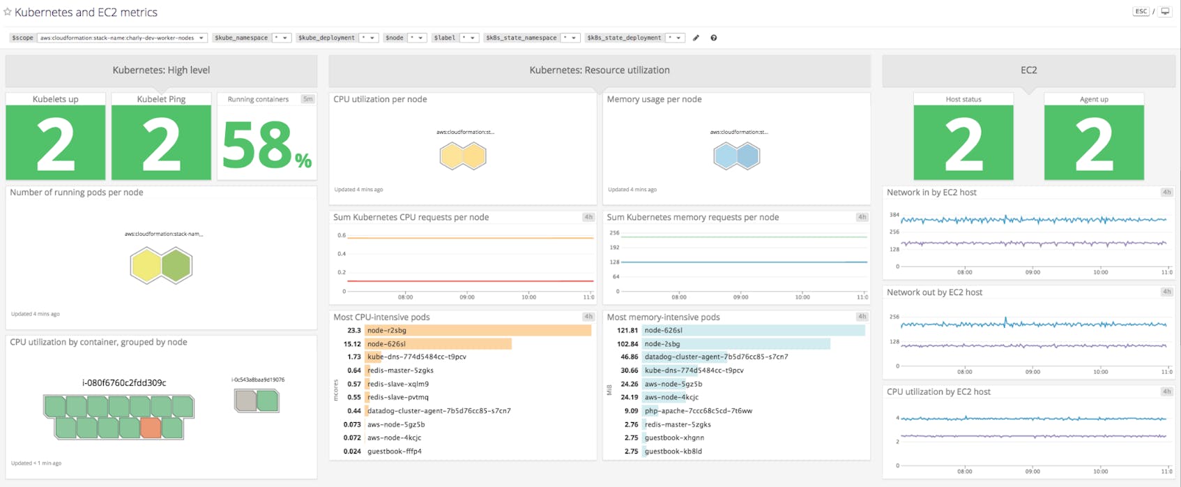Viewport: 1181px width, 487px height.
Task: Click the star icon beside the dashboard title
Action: (x=8, y=12)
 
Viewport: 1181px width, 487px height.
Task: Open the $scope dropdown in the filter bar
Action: (x=122, y=38)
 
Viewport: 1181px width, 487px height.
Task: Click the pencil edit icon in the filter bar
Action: (x=696, y=38)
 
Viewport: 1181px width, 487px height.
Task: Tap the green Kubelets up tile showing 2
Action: (x=56, y=143)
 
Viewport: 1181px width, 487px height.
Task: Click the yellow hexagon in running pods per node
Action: (x=146, y=266)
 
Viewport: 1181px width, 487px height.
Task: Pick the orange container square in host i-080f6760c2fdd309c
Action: (x=151, y=427)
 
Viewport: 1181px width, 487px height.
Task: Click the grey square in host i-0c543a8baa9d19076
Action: (x=246, y=400)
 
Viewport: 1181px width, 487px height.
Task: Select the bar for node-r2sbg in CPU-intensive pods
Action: (x=478, y=330)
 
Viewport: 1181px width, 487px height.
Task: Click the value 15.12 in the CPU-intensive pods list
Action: (x=352, y=344)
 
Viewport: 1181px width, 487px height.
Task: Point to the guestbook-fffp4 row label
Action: (x=395, y=451)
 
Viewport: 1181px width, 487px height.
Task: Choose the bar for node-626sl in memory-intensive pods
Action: (x=753, y=330)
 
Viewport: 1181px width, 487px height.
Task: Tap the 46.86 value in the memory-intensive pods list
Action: (x=629, y=357)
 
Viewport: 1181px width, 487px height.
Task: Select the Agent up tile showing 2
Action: (x=1094, y=143)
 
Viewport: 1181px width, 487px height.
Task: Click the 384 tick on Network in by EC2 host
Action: (x=894, y=216)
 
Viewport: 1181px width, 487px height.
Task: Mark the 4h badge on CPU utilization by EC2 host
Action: (x=1166, y=391)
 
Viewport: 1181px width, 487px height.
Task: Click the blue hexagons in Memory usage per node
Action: (x=737, y=156)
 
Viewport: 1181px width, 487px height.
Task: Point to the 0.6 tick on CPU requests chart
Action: (x=342, y=236)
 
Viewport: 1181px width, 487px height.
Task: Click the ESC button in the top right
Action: (x=1141, y=11)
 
